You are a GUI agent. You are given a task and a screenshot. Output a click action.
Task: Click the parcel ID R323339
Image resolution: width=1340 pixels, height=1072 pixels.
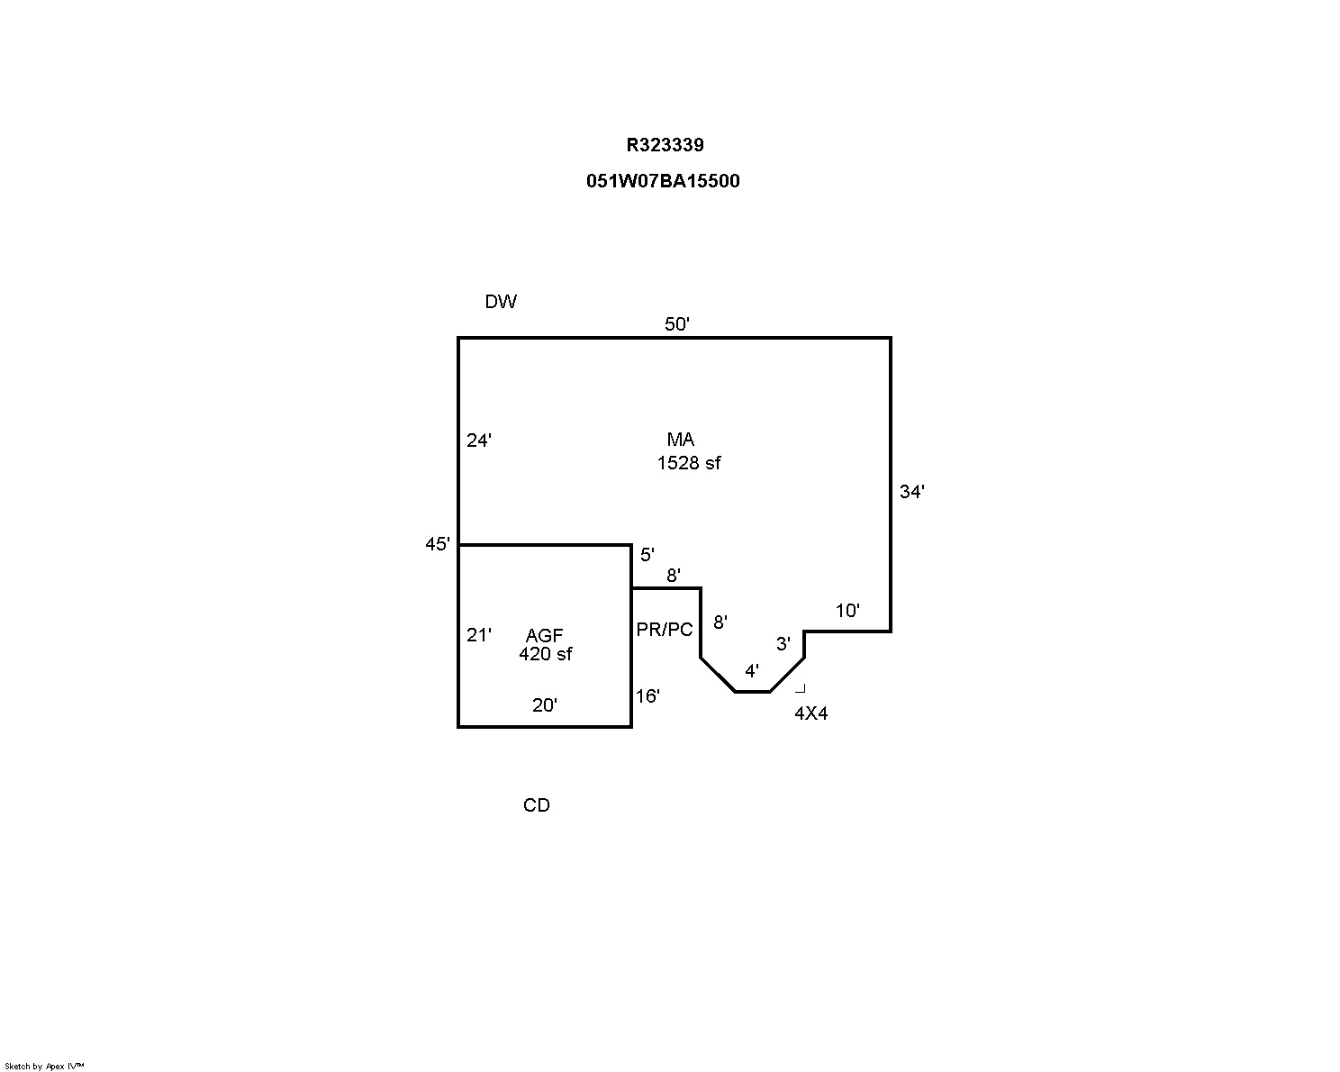(665, 145)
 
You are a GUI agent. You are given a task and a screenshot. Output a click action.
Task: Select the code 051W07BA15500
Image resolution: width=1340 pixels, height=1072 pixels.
(663, 181)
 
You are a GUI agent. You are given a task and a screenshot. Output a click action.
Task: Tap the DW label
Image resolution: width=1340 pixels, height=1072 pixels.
(501, 302)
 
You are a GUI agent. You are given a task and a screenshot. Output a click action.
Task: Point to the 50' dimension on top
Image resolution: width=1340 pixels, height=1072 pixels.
(677, 324)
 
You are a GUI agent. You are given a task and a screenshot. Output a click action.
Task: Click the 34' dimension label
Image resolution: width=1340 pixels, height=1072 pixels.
(912, 492)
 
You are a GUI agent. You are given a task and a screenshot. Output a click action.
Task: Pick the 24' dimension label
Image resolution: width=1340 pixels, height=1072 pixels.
(479, 441)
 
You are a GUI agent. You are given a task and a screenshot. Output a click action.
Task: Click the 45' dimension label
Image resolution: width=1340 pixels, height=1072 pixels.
(438, 544)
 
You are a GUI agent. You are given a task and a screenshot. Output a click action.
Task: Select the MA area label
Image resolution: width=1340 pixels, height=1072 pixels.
(681, 440)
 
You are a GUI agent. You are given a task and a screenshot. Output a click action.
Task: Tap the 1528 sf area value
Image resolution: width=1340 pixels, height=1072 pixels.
(689, 463)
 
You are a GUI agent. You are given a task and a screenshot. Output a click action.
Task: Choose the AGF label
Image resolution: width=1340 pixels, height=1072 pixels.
(545, 636)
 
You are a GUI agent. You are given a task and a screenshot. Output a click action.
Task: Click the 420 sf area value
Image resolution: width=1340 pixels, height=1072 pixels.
(546, 654)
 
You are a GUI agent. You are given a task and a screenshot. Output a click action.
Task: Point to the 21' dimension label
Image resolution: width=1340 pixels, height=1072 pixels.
(479, 635)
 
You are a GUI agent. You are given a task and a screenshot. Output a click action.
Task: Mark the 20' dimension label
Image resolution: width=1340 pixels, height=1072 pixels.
(545, 705)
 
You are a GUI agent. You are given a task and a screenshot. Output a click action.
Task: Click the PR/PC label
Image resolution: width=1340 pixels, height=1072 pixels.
(665, 630)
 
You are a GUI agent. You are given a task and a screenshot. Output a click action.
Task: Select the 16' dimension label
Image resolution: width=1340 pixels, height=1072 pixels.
(647, 696)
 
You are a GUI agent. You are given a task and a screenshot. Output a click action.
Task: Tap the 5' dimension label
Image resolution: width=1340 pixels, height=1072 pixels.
(647, 555)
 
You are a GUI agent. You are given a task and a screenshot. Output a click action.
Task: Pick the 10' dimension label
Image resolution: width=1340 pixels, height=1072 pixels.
(847, 611)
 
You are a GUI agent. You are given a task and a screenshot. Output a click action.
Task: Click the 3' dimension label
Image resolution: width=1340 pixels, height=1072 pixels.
(783, 644)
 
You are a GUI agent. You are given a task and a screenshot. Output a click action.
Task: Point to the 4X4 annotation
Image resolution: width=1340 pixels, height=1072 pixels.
(810, 713)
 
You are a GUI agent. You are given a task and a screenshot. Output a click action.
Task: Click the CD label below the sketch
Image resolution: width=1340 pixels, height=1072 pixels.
(537, 805)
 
